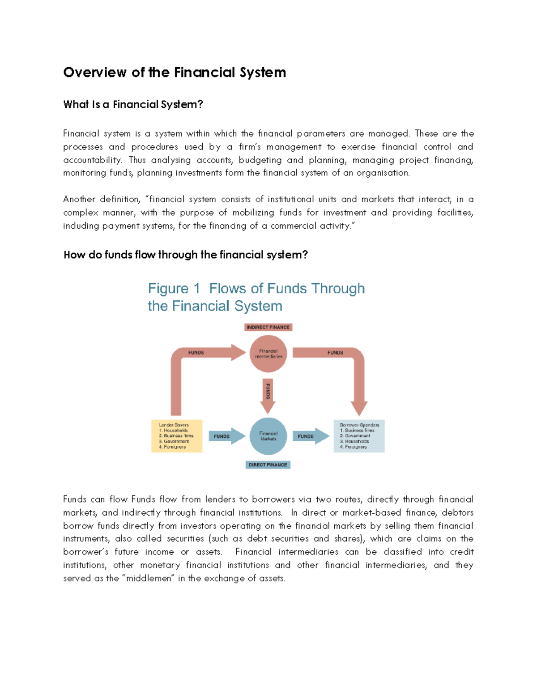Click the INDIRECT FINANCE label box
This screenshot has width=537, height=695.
268,327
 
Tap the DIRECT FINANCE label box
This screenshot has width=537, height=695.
268,465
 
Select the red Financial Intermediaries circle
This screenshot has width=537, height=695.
268,354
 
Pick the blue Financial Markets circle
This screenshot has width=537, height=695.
268,436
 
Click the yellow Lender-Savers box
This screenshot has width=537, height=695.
177,436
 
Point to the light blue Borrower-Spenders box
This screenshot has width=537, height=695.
359,436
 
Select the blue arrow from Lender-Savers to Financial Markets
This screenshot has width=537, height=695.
226,436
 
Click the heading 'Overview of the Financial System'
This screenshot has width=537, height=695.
175,72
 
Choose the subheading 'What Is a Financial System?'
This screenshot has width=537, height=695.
133,105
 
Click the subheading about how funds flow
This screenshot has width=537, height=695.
186,255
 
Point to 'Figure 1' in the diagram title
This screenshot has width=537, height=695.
174,289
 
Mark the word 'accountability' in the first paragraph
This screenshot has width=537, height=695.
92,160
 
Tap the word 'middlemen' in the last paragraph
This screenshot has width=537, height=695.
149,578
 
